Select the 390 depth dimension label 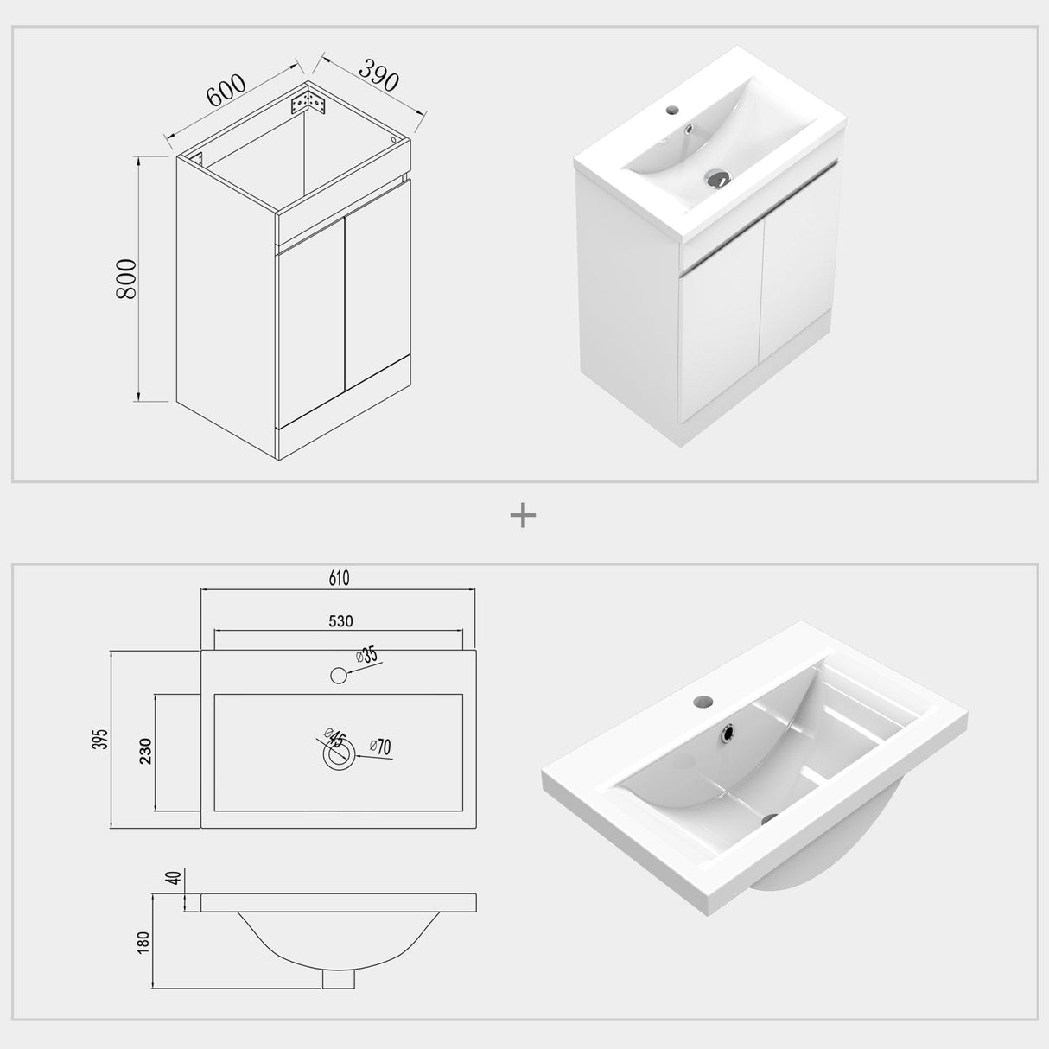tap(378, 76)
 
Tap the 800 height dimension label tap(126, 278)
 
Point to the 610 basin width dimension tap(339, 578)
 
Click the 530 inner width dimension tap(340, 620)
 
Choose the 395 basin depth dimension tap(102, 739)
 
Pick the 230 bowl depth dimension tap(145, 750)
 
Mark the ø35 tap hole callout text tap(368, 655)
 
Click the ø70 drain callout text tap(380, 746)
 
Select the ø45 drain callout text tap(335, 740)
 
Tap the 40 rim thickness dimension tap(173, 878)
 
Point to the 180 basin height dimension tap(143, 941)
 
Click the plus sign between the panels tap(524, 516)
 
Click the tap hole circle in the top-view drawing tap(339, 675)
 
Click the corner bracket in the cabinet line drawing tap(308, 103)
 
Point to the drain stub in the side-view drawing tap(339, 976)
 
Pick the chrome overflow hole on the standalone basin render tap(728, 733)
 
